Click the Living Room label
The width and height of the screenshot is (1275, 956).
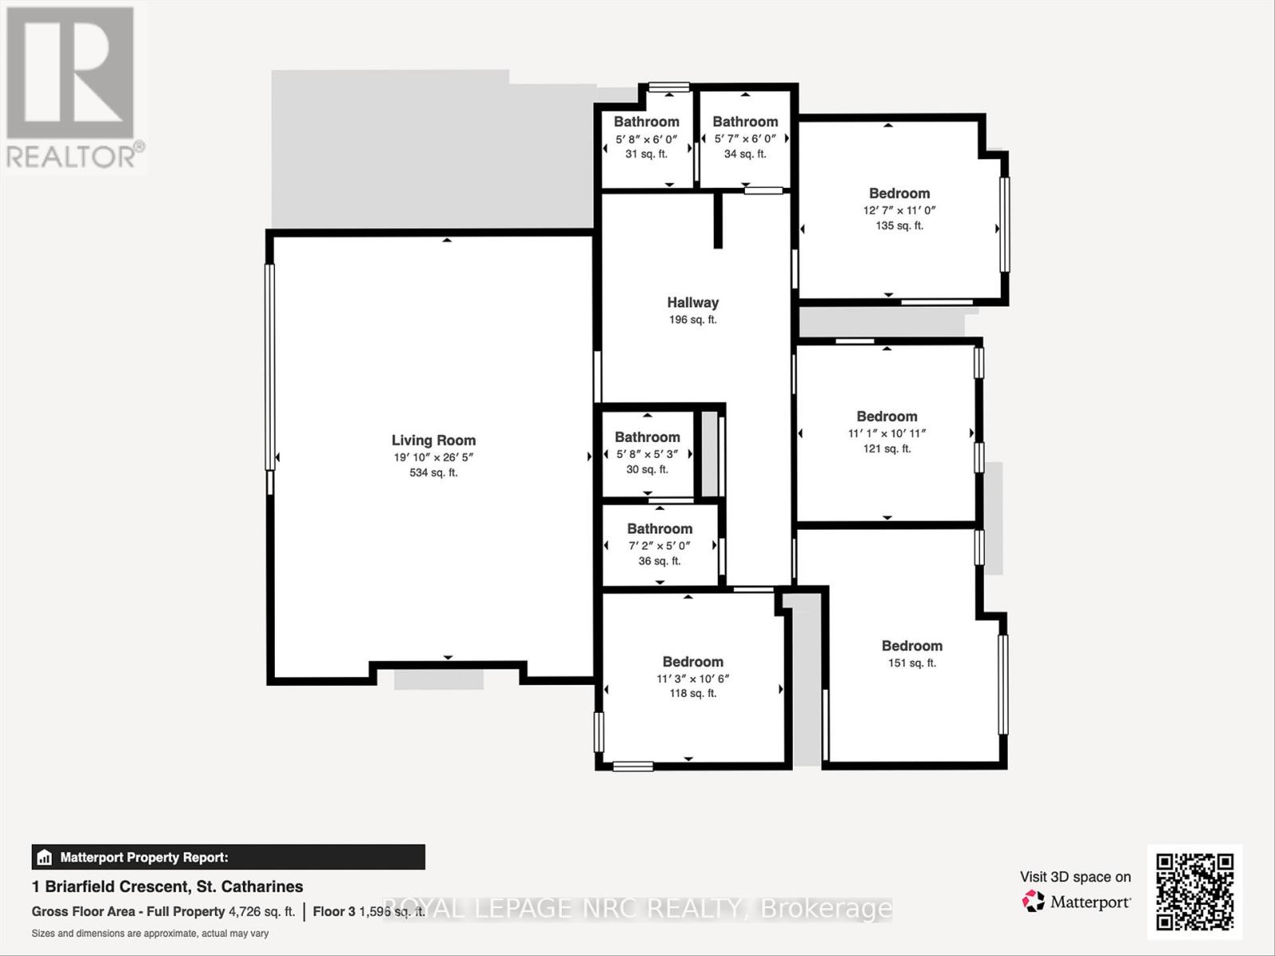pos(433,440)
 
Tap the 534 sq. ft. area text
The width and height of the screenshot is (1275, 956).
pos(433,472)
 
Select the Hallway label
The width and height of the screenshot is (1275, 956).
pos(692,302)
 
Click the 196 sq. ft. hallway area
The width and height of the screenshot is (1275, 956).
pos(692,319)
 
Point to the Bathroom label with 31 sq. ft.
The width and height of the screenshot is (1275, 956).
pos(646,122)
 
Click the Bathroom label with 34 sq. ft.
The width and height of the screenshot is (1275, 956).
pos(745,122)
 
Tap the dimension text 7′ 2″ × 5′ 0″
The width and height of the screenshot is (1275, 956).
pos(659,546)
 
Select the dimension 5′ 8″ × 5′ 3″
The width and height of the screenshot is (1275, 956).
pos(647,454)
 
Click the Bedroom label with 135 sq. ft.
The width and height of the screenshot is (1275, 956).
pos(899,193)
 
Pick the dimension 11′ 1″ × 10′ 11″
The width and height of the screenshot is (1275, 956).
pos(887,433)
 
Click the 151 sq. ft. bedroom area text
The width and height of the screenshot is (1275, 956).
pos(912,663)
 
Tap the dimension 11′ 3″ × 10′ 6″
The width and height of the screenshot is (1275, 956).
pos(692,679)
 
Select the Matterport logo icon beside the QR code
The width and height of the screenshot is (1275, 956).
pos(1034,902)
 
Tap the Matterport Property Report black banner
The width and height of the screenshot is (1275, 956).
pos(228,857)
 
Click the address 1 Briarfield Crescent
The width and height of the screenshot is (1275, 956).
pos(167,886)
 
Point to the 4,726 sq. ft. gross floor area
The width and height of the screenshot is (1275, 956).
pos(261,911)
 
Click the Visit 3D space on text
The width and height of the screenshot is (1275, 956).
pos(1075,876)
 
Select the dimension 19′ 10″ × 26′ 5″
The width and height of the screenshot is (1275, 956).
pos(433,457)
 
